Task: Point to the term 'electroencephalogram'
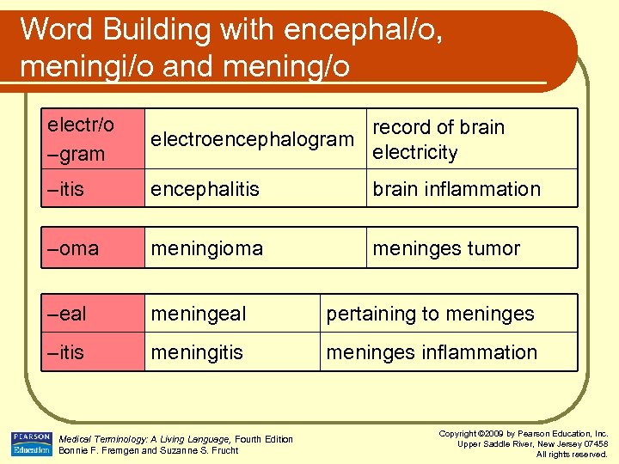click(x=252, y=139)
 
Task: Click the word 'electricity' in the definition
click(x=414, y=153)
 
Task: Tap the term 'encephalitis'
click(x=205, y=189)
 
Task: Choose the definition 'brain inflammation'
click(x=456, y=189)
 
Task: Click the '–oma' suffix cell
click(x=71, y=248)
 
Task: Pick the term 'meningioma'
click(x=207, y=248)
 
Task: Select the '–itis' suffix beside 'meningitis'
click(x=65, y=352)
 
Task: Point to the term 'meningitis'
click(x=197, y=352)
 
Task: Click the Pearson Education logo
click(x=31, y=443)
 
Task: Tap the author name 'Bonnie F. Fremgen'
click(x=97, y=450)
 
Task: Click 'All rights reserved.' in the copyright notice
click(x=572, y=454)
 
